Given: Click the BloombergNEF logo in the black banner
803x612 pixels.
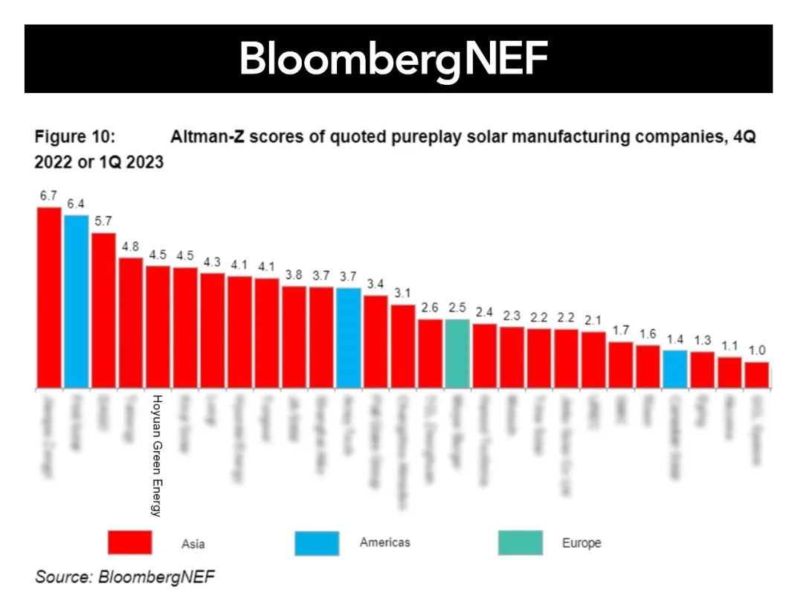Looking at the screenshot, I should [393, 60].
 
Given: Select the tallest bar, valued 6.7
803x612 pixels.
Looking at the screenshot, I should [49, 298].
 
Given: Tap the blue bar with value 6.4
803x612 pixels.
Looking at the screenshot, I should [76, 302].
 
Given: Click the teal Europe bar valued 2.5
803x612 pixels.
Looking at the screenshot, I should [457, 354].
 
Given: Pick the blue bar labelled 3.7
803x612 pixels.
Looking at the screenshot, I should [348, 338].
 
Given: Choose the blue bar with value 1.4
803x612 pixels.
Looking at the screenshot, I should [674, 369].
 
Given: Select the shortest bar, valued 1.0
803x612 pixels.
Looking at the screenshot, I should [756, 375].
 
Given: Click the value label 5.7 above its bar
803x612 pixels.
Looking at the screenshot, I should [103, 221].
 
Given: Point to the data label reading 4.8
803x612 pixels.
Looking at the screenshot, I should [131, 246].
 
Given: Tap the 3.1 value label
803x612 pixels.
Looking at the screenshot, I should [402, 293].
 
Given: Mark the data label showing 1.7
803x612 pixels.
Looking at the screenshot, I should [620, 330].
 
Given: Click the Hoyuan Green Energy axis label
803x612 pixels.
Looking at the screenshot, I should [157, 454].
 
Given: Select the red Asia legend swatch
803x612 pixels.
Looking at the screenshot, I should [130, 543].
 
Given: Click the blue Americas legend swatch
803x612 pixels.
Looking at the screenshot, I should [317, 543].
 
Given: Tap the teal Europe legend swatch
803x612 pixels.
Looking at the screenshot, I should [520, 543].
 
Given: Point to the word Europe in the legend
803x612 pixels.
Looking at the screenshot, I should [581, 544].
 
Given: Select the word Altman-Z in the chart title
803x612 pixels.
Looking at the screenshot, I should [202, 138].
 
